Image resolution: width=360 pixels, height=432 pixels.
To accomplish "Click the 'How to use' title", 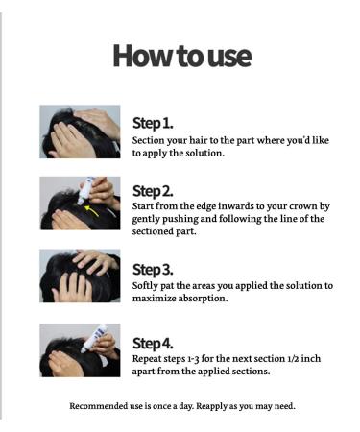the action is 181,56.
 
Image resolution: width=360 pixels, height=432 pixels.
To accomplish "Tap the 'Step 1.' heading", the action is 153,123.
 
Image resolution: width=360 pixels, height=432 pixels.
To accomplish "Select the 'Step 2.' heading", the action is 153,191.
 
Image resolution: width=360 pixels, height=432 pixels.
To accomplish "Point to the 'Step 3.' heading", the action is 153,270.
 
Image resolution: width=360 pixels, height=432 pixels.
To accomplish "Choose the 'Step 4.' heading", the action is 153,344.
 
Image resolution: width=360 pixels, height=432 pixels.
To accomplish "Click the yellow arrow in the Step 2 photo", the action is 91,210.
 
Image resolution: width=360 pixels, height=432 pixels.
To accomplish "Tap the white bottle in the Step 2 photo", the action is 84,191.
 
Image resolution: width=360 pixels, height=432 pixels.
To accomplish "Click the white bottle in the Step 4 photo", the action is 94,338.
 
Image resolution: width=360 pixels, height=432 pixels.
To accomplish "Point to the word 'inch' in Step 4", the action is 311,358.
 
